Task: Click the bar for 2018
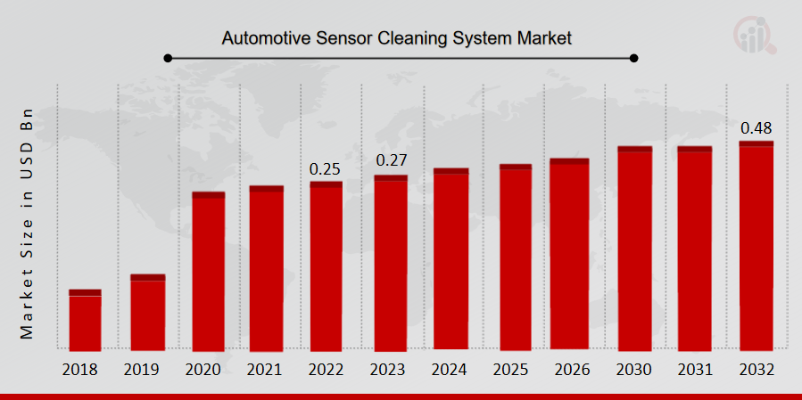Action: [x=85, y=320]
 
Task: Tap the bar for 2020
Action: [x=209, y=272]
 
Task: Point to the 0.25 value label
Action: [x=326, y=168]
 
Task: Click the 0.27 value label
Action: [x=391, y=161]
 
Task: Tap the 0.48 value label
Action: [x=756, y=127]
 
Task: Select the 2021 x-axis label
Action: [x=266, y=370]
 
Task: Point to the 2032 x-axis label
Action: [x=756, y=370]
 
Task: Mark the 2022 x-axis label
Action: [x=326, y=370]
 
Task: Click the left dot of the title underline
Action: [x=167, y=58]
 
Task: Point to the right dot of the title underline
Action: [x=634, y=58]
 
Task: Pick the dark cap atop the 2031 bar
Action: [x=694, y=149]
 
